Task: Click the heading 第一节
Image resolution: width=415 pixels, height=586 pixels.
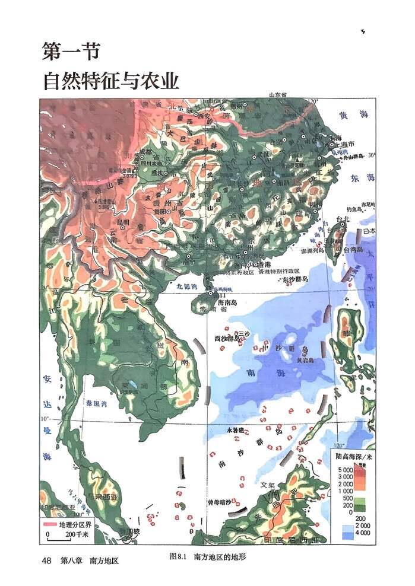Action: [x=69, y=52]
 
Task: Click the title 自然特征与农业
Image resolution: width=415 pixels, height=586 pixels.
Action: [x=110, y=80]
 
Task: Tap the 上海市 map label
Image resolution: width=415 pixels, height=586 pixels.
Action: [x=344, y=144]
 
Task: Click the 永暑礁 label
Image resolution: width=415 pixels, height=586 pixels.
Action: [x=236, y=429]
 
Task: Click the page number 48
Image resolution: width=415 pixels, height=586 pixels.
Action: [x=47, y=560]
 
